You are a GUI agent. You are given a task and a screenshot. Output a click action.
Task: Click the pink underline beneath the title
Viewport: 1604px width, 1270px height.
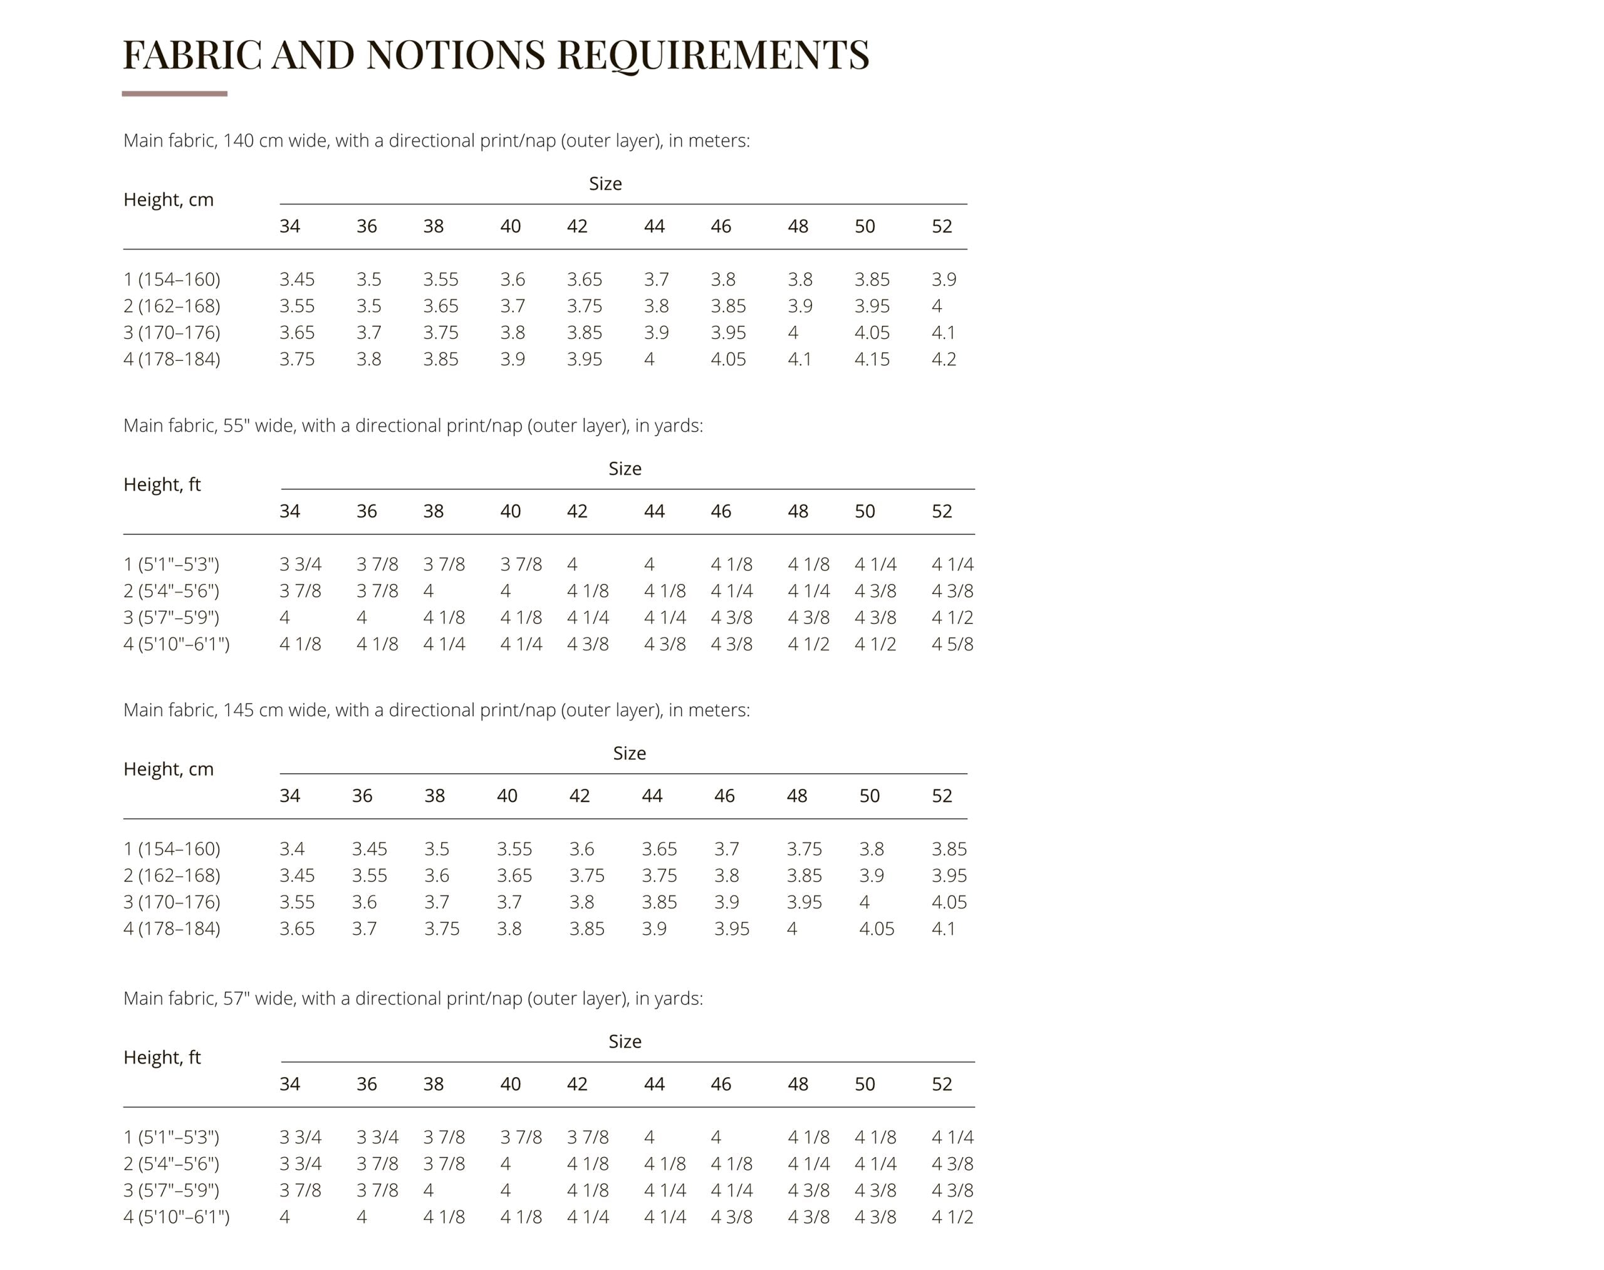pos(174,94)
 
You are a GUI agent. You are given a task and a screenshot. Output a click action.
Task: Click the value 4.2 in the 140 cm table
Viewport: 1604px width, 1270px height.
pos(943,359)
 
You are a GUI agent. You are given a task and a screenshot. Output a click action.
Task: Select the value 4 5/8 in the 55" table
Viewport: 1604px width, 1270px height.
pos(952,644)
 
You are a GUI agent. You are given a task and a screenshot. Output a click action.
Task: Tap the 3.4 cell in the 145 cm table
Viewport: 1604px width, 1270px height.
pos(291,848)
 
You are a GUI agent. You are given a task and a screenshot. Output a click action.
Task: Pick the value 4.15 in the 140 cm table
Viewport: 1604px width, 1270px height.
pos(872,359)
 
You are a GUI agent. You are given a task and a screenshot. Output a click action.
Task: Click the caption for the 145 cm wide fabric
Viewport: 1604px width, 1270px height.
pos(435,710)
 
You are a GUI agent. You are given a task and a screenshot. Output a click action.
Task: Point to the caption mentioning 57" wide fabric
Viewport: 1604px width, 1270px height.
pos(413,998)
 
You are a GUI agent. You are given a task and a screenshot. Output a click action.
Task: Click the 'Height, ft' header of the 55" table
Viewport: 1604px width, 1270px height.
pos(162,485)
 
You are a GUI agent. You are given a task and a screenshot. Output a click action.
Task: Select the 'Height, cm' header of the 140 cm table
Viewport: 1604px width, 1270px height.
pos(168,200)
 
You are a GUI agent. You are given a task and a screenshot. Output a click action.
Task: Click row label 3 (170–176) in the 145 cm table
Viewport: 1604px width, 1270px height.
pos(172,902)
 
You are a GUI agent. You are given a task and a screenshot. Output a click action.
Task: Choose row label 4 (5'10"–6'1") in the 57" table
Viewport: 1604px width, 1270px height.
pos(176,1217)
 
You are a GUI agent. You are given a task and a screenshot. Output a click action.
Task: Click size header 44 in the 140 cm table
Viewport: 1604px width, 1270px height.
pos(654,226)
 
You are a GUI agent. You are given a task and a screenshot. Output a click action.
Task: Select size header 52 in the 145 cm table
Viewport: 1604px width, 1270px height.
pos(942,796)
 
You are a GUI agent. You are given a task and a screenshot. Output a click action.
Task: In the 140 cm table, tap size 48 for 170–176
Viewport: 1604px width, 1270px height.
pos(793,332)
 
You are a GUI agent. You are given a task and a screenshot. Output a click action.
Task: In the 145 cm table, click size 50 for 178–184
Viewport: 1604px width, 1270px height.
pos(876,929)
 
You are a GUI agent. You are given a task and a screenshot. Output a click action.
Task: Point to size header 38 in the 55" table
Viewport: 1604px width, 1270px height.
pos(433,511)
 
